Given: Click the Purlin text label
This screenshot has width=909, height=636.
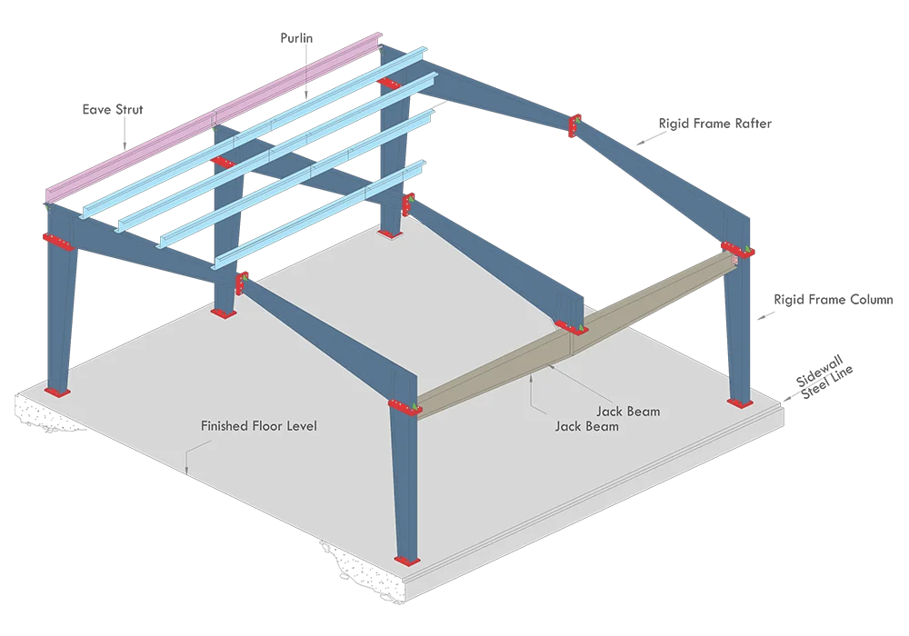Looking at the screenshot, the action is [296, 38].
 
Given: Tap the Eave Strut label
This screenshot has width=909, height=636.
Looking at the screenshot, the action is [113, 109].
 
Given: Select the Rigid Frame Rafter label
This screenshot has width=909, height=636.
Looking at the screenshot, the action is [714, 124].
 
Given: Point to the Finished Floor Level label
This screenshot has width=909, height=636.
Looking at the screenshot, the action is [258, 426].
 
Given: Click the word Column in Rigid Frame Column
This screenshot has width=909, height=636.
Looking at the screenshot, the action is [872, 300].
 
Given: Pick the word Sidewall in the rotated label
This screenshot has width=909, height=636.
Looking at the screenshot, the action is [818, 372].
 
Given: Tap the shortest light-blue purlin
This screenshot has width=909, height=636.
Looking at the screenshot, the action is [319, 215].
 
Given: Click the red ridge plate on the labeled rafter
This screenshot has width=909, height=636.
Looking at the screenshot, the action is [574, 125].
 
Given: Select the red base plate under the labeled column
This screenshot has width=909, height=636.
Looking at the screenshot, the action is [740, 402].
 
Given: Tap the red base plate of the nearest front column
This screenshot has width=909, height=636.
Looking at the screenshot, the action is [407, 561].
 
